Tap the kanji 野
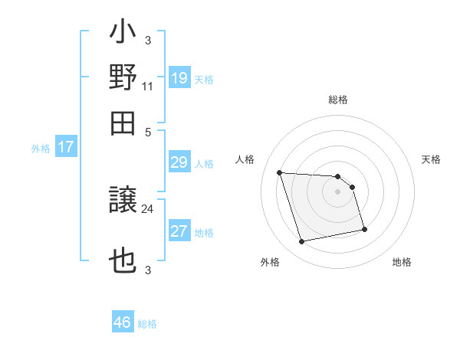click(x=123, y=77)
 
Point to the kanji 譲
click(x=123, y=203)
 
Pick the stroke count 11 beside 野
click(x=147, y=87)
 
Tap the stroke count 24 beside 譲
click(x=147, y=208)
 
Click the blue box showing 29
click(x=179, y=163)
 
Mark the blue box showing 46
click(x=123, y=322)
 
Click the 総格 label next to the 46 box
click(x=147, y=324)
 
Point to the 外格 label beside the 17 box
click(x=41, y=149)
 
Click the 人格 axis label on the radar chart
click(x=245, y=159)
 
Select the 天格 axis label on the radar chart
click(x=431, y=159)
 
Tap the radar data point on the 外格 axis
click(x=302, y=242)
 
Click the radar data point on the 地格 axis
click(x=364, y=228)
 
